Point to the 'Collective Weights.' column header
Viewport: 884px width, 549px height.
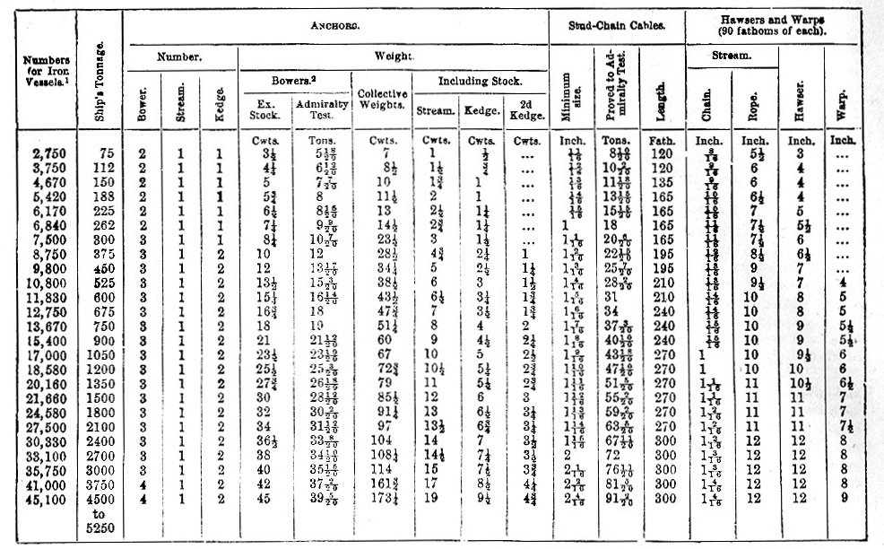(x=383, y=100)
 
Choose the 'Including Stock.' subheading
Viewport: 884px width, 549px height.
(x=480, y=82)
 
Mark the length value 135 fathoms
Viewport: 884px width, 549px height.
(x=659, y=182)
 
